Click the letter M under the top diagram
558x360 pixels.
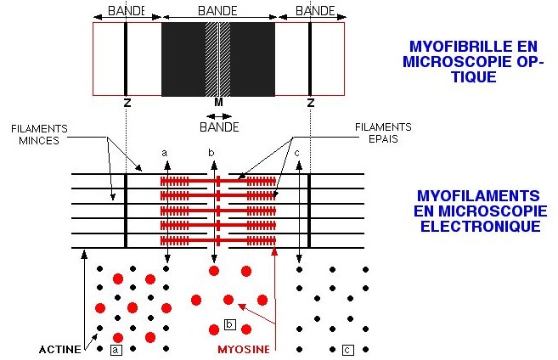(218, 102)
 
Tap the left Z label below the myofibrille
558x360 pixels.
(126, 102)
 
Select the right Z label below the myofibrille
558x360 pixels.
(310, 102)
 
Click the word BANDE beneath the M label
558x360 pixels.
(219, 128)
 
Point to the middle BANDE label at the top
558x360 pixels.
(217, 13)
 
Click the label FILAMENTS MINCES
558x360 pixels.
(39, 134)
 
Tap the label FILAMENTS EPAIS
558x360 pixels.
(383, 133)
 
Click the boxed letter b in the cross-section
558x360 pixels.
(229, 323)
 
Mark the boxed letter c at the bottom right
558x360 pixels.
(348, 349)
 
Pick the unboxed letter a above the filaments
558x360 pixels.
(167, 153)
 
